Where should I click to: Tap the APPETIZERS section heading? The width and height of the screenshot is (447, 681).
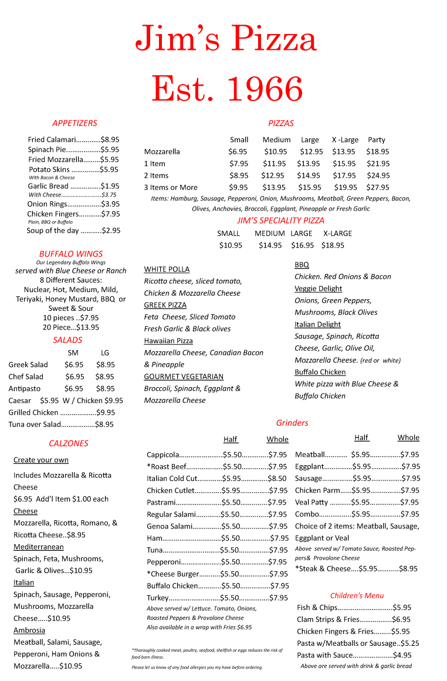(x=74, y=123)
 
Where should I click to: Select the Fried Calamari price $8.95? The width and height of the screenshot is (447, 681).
(x=110, y=140)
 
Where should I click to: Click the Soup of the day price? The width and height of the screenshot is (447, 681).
(x=111, y=231)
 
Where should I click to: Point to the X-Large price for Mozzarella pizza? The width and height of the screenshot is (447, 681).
(x=344, y=151)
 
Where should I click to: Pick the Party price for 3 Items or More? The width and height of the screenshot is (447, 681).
(x=378, y=187)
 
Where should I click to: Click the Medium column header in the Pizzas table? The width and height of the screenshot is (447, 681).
(x=276, y=140)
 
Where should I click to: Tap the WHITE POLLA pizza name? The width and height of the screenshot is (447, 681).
(x=167, y=269)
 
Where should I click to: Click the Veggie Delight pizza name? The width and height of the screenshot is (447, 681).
(x=318, y=289)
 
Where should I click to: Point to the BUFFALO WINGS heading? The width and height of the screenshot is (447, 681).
(x=70, y=254)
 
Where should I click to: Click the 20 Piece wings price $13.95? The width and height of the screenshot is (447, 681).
(x=87, y=327)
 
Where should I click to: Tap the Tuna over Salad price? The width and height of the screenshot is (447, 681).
(x=104, y=424)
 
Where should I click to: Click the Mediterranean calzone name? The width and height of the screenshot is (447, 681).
(x=39, y=547)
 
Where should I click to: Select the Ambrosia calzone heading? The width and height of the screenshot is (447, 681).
(x=29, y=630)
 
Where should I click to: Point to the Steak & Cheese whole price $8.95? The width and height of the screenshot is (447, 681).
(x=408, y=568)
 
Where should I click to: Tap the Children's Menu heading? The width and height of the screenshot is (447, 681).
(x=357, y=595)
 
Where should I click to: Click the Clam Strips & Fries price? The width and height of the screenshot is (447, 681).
(x=401, y=619)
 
